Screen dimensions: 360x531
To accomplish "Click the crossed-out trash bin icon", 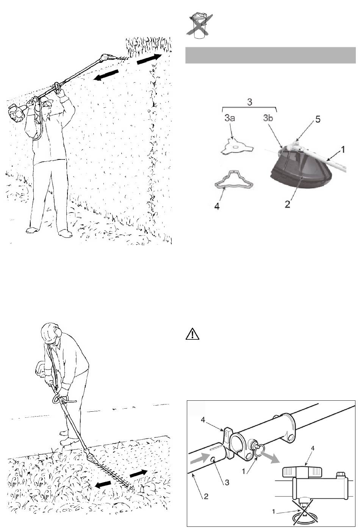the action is [199, 26].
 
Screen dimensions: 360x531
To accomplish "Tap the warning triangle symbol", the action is [193, 334].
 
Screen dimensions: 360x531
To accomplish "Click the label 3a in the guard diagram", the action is [230, 118].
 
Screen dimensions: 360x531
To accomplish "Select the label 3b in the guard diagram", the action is [268, 118].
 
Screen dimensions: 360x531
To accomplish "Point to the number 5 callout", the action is [318, 119].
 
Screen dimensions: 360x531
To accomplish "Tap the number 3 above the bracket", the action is [249, 102].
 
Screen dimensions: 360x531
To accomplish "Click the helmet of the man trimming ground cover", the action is [50, 333].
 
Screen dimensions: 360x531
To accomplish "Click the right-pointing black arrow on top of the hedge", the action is [149, 59].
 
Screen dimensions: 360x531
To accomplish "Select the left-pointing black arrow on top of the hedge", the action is [106, 75].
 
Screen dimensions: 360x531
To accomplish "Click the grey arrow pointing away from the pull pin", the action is [270, 454].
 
